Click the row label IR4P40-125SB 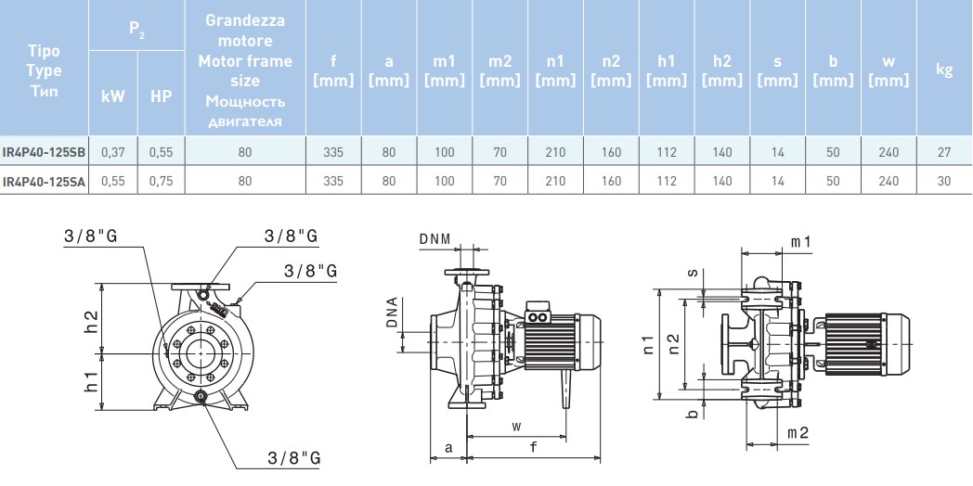(44, 152)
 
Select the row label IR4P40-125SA (44, 181)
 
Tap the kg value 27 (944, 152)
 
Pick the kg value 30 (944, 181)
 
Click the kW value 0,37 (113, 152)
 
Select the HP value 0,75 (161, 181)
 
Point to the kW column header (113, 96)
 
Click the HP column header (161, 96)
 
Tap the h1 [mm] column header (667, 70)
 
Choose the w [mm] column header (889, 70)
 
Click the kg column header (944, 70)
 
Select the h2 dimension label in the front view (91, 320)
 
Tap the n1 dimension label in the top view (648, 344)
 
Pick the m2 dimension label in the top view (798, 433)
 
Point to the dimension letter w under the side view (516, 427)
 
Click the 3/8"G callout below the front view (293, 458)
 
